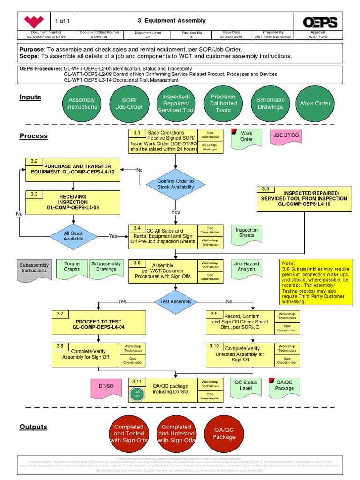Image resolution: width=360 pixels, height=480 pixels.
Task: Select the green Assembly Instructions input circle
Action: point(82,104)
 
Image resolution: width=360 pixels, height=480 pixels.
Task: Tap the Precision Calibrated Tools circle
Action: point(223,104)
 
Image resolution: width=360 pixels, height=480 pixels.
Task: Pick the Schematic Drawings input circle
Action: point(270,104)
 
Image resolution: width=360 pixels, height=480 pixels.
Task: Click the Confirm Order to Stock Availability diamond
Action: point(175,184)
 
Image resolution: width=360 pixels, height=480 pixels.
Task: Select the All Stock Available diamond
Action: point(73,236)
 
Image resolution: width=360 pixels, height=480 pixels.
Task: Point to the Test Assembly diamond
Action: point(175,301)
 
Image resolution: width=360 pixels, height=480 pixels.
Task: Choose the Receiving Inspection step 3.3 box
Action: point(73,201)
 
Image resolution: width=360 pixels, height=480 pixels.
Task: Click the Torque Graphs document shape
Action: point(72,268)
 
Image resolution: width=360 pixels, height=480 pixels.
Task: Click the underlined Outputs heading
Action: point(33,427)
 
